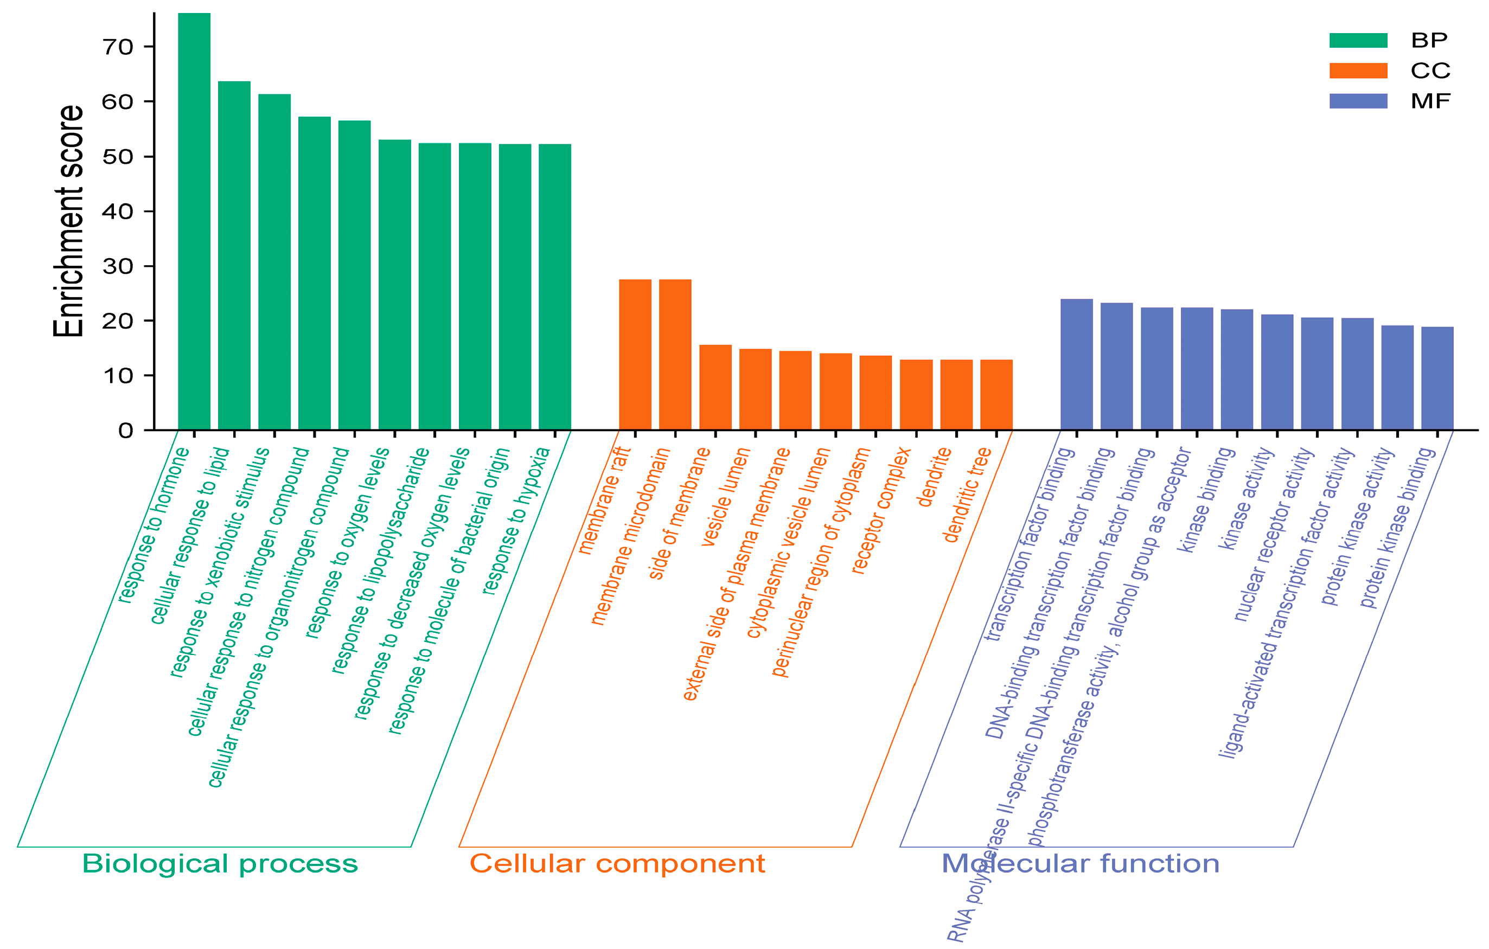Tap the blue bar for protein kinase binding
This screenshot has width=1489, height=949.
(x=1437, y=378)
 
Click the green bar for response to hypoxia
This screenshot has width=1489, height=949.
(x=555, y=287)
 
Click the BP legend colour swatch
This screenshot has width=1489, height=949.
(x=1358, y=41)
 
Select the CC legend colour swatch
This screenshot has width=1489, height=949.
(x=1358, y=71)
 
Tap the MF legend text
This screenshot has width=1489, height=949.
(x=1430, y=101)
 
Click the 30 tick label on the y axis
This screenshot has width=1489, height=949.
(x=118, y=266)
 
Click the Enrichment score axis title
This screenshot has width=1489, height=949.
(x=68, y=221)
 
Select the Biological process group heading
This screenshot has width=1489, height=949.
(x=220, y=864)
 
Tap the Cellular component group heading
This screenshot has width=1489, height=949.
(x=617, y=864)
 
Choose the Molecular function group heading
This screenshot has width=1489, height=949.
(x=1080, y=864)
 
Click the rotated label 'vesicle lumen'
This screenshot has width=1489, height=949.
(x=725, y=497)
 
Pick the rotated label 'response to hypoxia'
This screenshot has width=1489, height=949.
(x=516, y=521)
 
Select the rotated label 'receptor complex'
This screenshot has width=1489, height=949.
(x=880, y=511)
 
